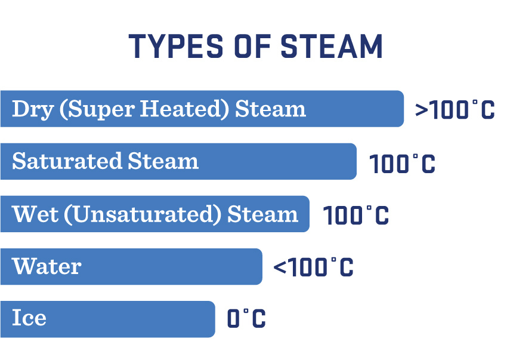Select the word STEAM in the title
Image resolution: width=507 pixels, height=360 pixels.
pos(332,46)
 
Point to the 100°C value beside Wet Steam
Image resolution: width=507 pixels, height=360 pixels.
pos(355,216)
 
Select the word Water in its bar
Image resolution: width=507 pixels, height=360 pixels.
pos(47,266)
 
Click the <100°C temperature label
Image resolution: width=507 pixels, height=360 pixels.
pos(313,267)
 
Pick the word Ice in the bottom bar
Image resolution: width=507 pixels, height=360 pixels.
pos(29,318)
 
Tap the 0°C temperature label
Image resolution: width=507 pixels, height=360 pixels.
pos(246,319)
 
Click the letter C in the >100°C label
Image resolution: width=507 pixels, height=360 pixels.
pos(486,110)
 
